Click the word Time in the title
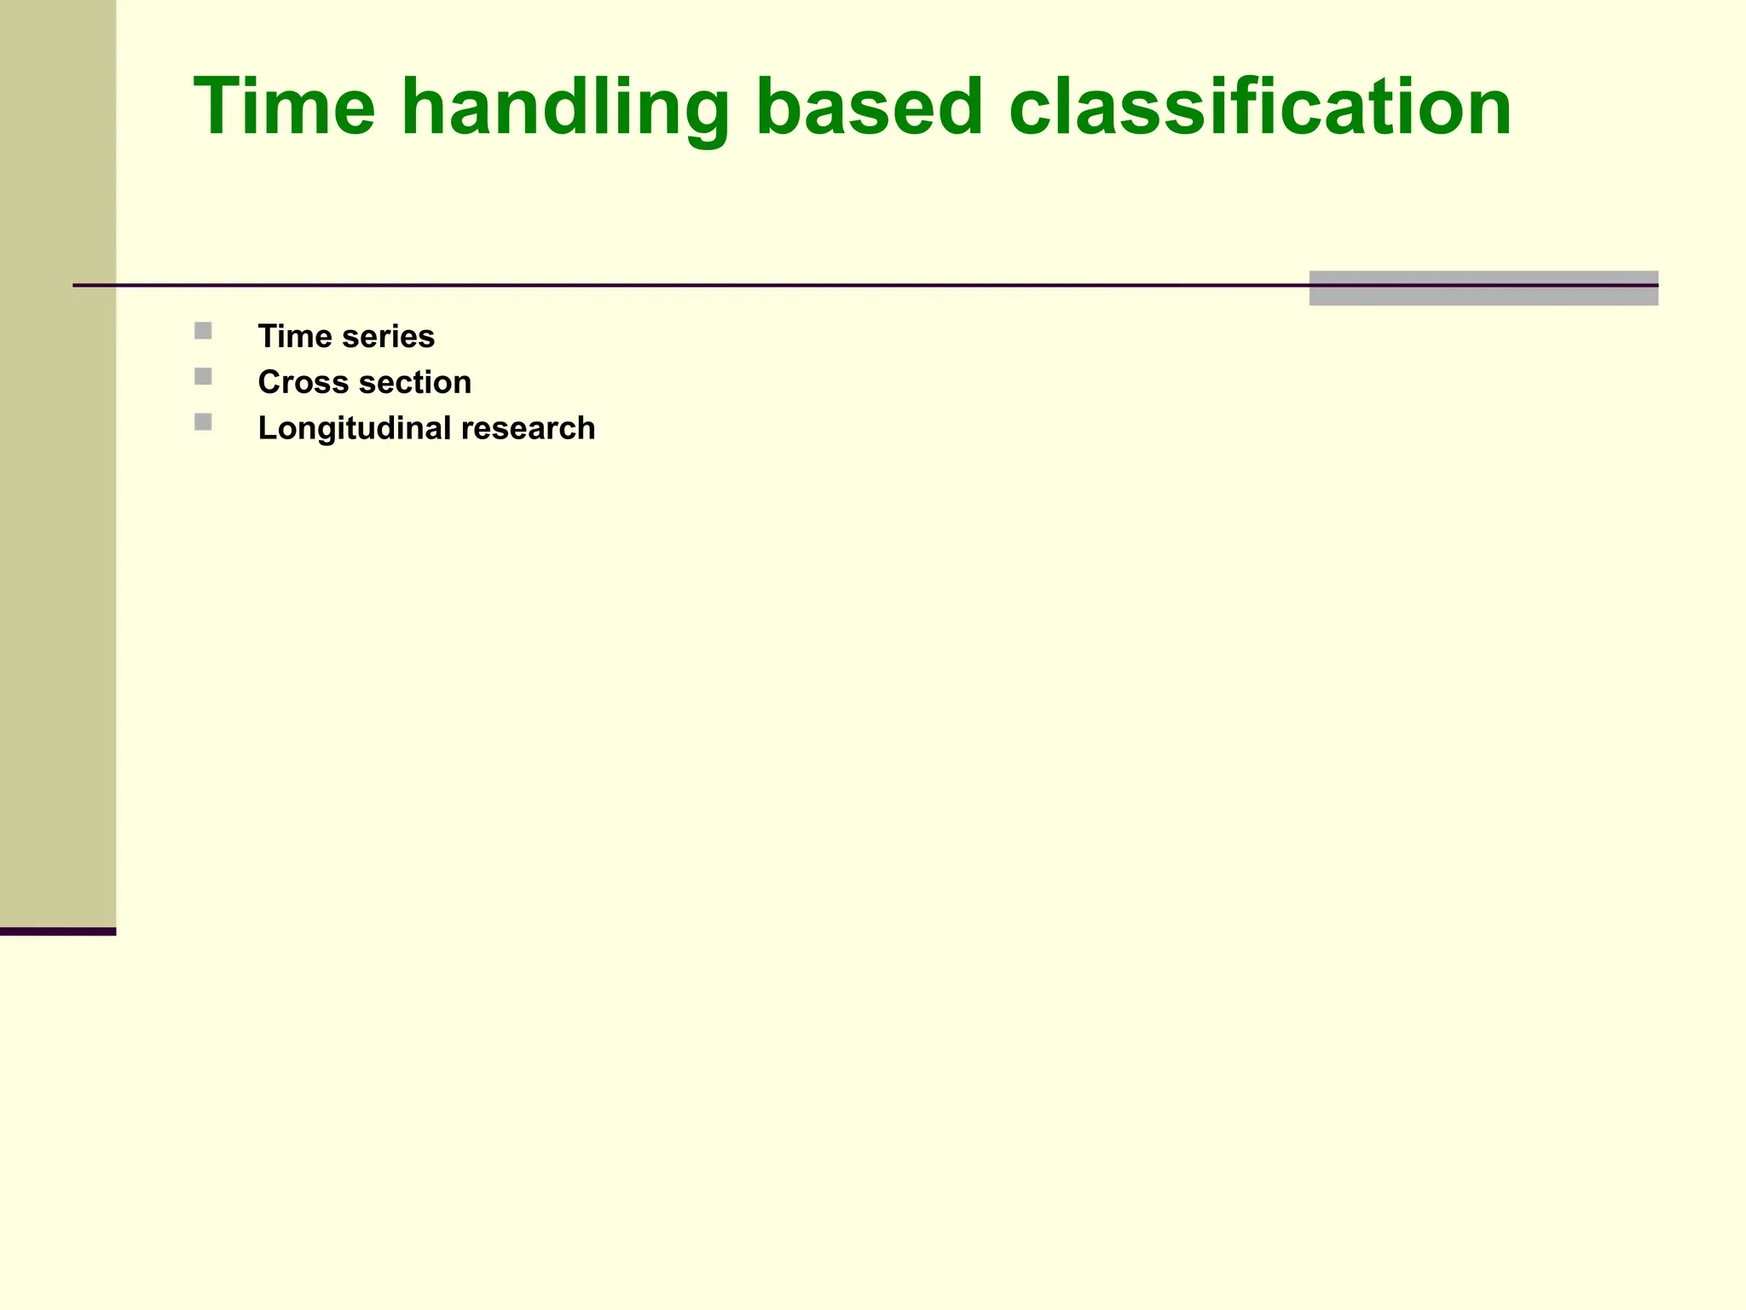pos(285,107)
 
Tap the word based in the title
pos(870,107)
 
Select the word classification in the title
pos(1260,107)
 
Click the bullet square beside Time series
pos(203,331)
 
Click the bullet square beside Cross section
pos(203,376)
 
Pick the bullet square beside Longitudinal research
pos(203,422)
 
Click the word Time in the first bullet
pos(295,336)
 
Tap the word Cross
pos(303,382)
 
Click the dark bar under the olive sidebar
pos(57,931)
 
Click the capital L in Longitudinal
pos(266,428)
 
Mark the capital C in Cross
pos(269,382)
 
